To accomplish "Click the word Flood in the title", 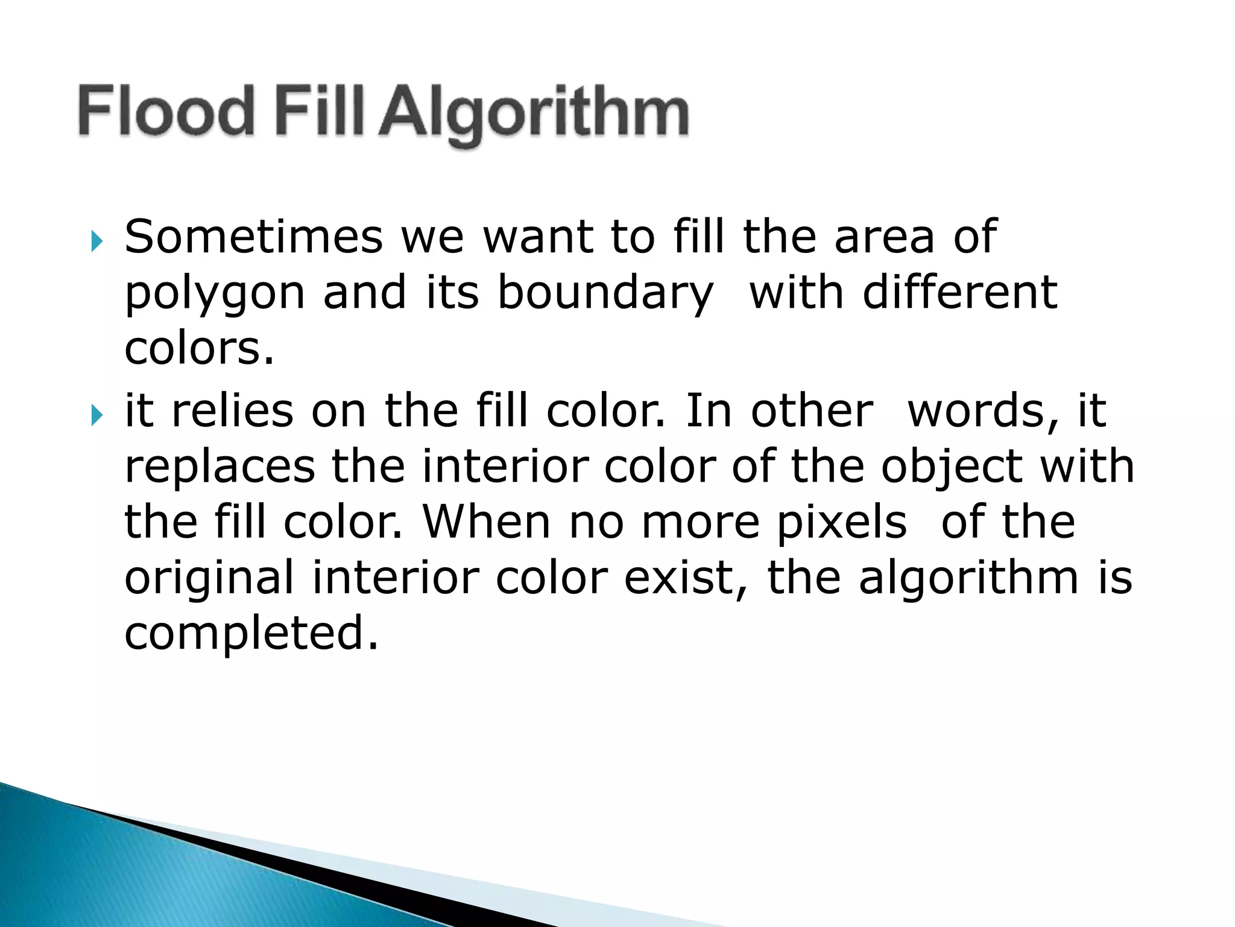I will pos(166,111).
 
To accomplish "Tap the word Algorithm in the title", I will pos(534,115).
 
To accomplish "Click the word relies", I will pos(232,410).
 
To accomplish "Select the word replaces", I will pos(220,467).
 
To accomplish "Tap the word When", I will pos(487,521).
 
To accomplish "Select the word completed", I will pos(251,634).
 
